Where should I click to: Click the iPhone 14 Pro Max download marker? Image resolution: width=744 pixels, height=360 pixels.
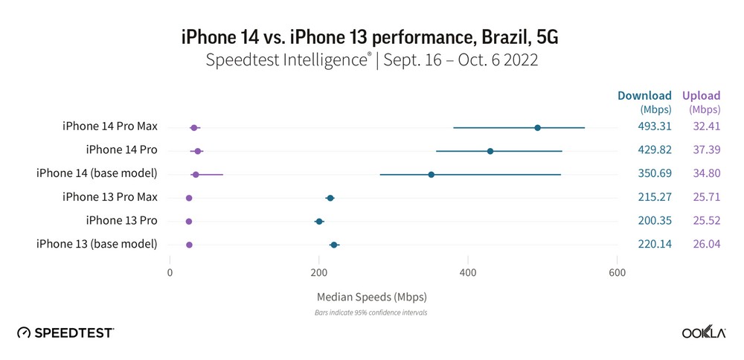point(537,128)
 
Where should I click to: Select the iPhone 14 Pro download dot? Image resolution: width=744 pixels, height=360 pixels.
point(490,151)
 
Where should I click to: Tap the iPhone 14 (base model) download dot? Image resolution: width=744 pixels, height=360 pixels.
point(432,175)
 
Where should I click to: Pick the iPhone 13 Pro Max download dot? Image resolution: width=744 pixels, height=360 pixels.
point(330,198)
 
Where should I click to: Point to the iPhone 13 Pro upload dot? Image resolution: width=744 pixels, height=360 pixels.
point(189,222)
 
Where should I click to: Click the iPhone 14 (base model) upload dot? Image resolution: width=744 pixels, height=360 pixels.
point(196,175)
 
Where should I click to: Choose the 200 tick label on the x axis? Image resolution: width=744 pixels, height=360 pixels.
point(319,273)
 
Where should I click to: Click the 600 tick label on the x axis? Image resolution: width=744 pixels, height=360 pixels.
point(617,273)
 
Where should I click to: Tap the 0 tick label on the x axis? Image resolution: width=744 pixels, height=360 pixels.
point(170,273)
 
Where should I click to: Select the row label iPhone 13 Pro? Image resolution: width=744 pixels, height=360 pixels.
point(121,221)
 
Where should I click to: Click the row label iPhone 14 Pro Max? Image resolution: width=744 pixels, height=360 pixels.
point(110,126)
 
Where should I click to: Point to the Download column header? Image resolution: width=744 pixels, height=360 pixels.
point(644,95)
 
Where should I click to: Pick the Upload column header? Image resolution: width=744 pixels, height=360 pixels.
point(702,95)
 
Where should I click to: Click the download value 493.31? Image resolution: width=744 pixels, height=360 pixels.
point(655,126)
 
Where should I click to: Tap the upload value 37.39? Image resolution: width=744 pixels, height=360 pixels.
point(706,150)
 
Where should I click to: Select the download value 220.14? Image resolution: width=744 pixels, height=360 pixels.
point(655,244)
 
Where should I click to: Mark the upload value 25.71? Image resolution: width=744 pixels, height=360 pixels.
point(706,197)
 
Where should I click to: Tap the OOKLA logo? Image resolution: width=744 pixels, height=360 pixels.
point(704,332)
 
